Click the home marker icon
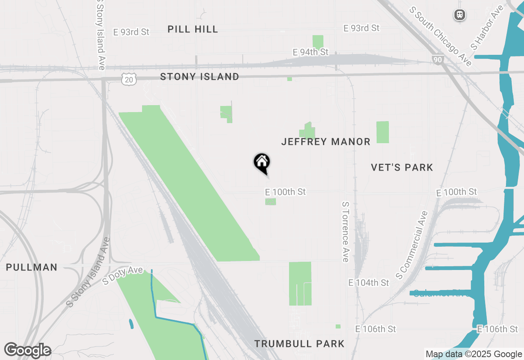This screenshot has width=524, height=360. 262,163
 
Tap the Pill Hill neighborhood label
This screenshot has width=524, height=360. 193,29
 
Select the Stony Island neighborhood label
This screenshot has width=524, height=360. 199,76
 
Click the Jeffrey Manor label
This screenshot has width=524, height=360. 326,142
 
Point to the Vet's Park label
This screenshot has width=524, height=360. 402,167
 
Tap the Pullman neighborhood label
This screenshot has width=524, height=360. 32,268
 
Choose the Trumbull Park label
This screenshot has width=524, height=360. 299,344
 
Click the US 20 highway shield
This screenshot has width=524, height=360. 129,79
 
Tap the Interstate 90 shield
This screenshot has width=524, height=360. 437,60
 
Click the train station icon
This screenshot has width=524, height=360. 460,15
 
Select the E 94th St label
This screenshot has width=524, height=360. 311,52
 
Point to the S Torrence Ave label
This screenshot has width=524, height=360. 345,232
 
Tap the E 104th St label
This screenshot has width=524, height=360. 368,283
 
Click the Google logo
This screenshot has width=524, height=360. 27,350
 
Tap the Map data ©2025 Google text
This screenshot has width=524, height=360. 474,354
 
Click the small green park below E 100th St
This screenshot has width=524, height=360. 270,202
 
